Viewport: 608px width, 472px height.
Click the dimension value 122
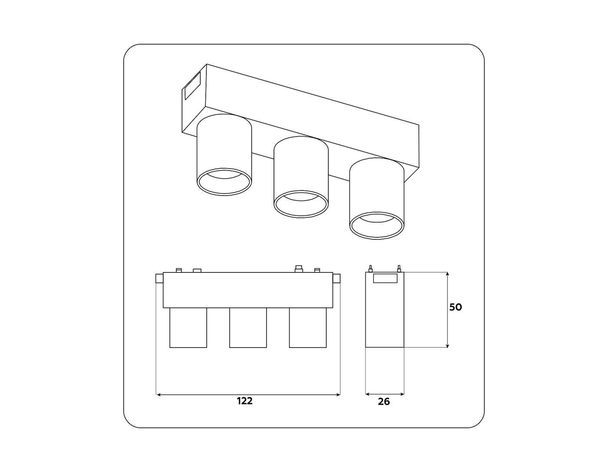point(245,401)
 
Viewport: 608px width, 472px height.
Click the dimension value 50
point(455,307)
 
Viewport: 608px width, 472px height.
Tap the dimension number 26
point(384,402)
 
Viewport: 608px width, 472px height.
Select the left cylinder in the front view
point(188,328)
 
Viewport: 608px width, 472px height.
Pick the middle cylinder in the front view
point(248,328)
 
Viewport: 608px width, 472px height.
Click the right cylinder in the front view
point(307,328)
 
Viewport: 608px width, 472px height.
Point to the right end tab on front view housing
point(337,279)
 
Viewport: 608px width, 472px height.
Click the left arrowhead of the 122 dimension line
point(158,395)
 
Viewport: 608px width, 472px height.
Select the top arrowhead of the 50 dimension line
point(447,275)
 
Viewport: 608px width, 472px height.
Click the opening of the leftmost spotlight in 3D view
point(224,182)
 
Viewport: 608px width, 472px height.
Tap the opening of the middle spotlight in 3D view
point(301,203)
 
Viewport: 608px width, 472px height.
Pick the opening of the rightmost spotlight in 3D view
point(377,226)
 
